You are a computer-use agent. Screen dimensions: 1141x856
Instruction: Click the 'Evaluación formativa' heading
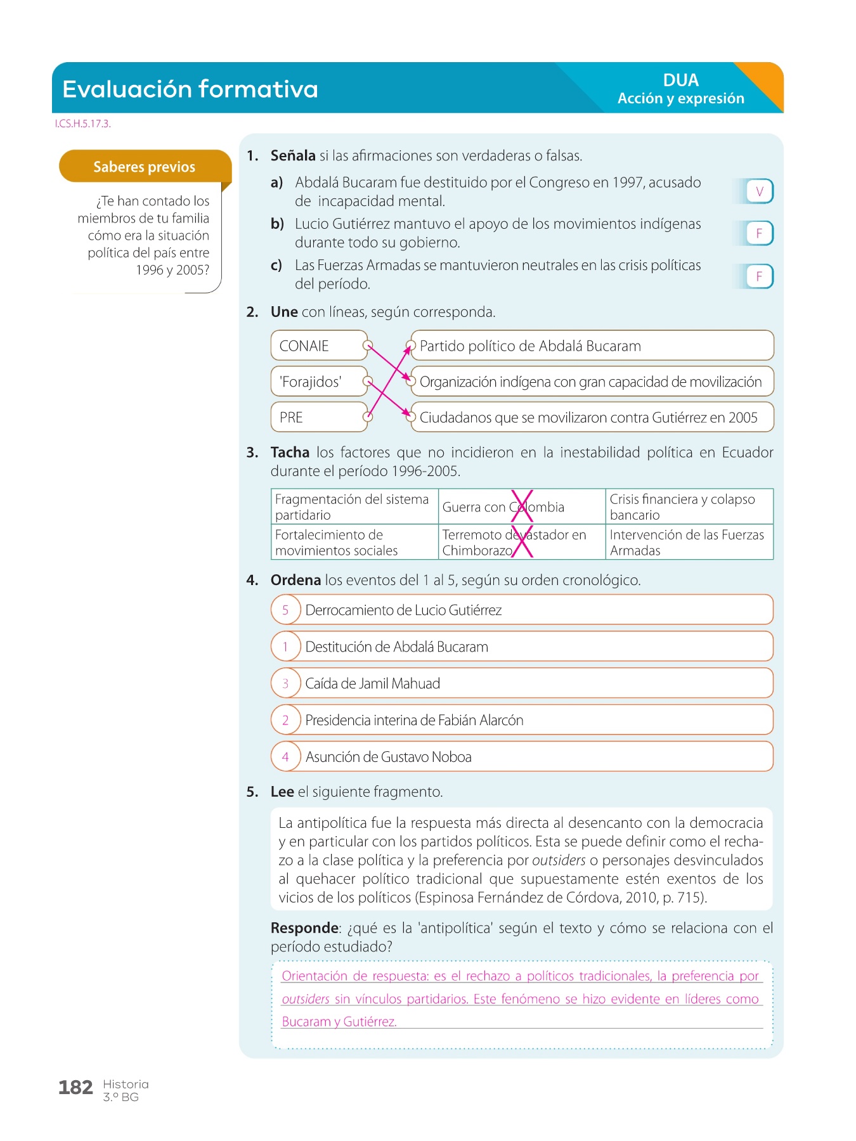tap(190, 89)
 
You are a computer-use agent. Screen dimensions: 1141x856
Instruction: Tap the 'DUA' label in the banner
tap(680, 81)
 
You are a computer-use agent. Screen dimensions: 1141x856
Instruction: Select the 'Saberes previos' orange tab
tap(145, 167)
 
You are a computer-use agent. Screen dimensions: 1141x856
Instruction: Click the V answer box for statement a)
tap(759, 191)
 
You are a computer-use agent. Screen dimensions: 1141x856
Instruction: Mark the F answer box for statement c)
tap(759, 276)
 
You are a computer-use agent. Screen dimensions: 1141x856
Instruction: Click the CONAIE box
tap(318, 346)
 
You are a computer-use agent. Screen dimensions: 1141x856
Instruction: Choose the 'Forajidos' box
tap(318, 382)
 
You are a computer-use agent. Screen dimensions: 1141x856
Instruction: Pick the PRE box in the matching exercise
tap(318, 418)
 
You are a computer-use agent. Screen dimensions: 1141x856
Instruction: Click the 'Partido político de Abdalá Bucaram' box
tap(592, 346)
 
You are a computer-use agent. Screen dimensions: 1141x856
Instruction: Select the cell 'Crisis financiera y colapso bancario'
tap(689, 507)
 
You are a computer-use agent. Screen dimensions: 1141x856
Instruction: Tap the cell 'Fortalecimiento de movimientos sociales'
tap(354, 543)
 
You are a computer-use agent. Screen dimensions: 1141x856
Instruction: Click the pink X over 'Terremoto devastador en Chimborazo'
tap(522, 542)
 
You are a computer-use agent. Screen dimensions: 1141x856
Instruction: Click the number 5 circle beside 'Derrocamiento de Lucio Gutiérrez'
tap(285, 610)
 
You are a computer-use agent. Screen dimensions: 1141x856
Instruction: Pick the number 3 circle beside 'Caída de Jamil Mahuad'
tap(285, 684)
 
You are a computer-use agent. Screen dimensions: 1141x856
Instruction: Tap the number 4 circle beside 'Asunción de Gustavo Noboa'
tap(285, 757)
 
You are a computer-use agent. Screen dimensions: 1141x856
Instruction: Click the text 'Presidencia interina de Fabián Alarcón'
tap(414, 721)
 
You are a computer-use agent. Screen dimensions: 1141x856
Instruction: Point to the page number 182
tap(75, 1088)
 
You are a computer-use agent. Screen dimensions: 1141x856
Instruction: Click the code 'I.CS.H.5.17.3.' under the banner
tap(82, 124)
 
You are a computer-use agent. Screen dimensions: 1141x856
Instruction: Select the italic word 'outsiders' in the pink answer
tap(306, 1000)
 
